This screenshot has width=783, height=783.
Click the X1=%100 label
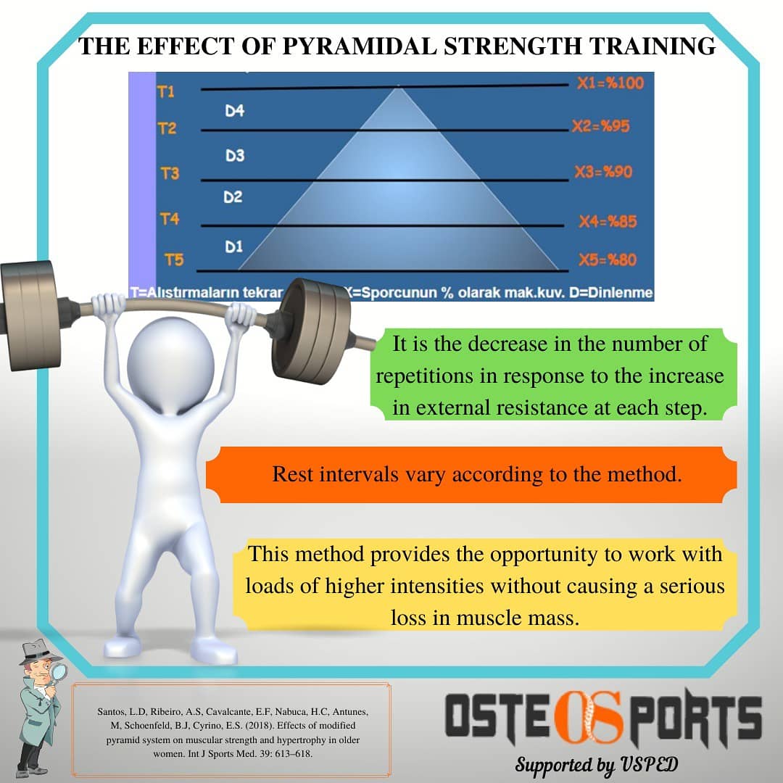pos(610,83)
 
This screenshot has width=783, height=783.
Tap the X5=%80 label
pos(607,260)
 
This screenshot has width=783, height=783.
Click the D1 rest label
pos(233,247)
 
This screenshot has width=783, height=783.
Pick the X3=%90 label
pos(603,172)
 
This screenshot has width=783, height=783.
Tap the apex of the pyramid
pos(398,87)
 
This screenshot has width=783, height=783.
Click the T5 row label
pos(174,260)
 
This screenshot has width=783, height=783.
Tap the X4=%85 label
pos(607,221)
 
